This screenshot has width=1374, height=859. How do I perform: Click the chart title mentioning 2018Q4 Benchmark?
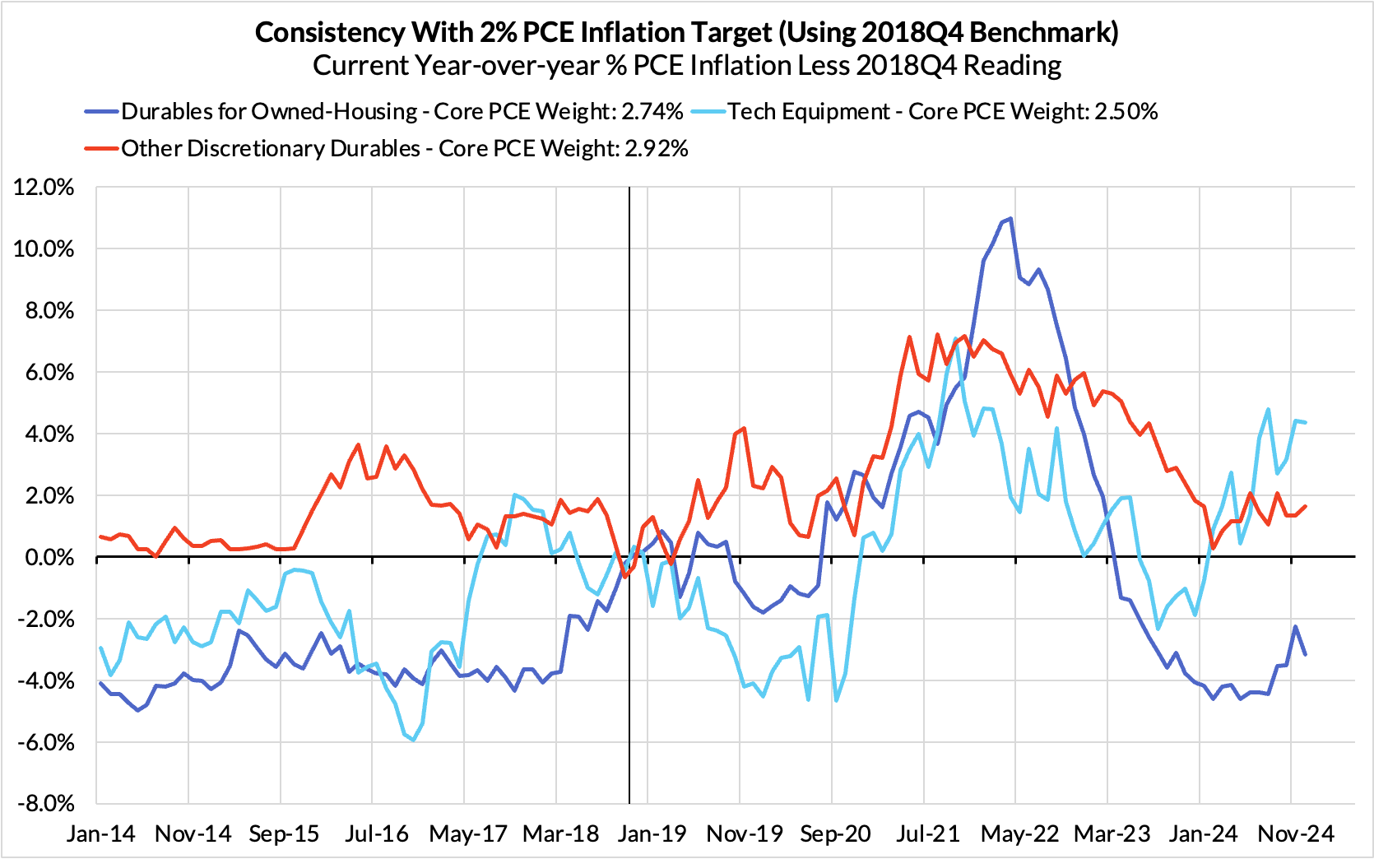[x=687, y=32]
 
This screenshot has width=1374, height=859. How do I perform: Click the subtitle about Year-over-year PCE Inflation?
[x=687, y=65]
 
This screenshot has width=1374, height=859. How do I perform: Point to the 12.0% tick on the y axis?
[x=44, y=188]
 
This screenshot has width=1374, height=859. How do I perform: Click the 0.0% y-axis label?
[x=49, y=558]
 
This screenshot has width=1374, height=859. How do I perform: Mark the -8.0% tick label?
[x=46, y=804]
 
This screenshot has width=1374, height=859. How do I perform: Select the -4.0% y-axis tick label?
[x=46, y=681]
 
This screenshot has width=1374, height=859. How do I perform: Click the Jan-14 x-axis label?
[x=101, y=833]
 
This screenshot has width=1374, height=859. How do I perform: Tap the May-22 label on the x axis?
[x=1020, y=833]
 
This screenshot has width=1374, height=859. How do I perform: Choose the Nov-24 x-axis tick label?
[x=1296, y=833]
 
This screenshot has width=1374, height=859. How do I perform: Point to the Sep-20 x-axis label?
[x=836, y=833]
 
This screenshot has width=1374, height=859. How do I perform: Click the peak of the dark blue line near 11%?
[x=1010, y=218]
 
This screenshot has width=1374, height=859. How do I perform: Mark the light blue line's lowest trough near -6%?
[x=413, y=740]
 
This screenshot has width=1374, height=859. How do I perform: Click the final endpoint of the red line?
[x=1306, y=506]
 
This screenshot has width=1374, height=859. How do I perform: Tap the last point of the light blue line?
[x=1306, y=422]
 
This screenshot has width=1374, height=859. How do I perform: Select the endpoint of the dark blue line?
[x=1306, y=654]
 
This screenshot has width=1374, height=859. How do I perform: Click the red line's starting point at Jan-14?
[x=100, y=536]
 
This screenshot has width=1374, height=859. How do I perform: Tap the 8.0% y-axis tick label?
[x=49, y=311]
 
